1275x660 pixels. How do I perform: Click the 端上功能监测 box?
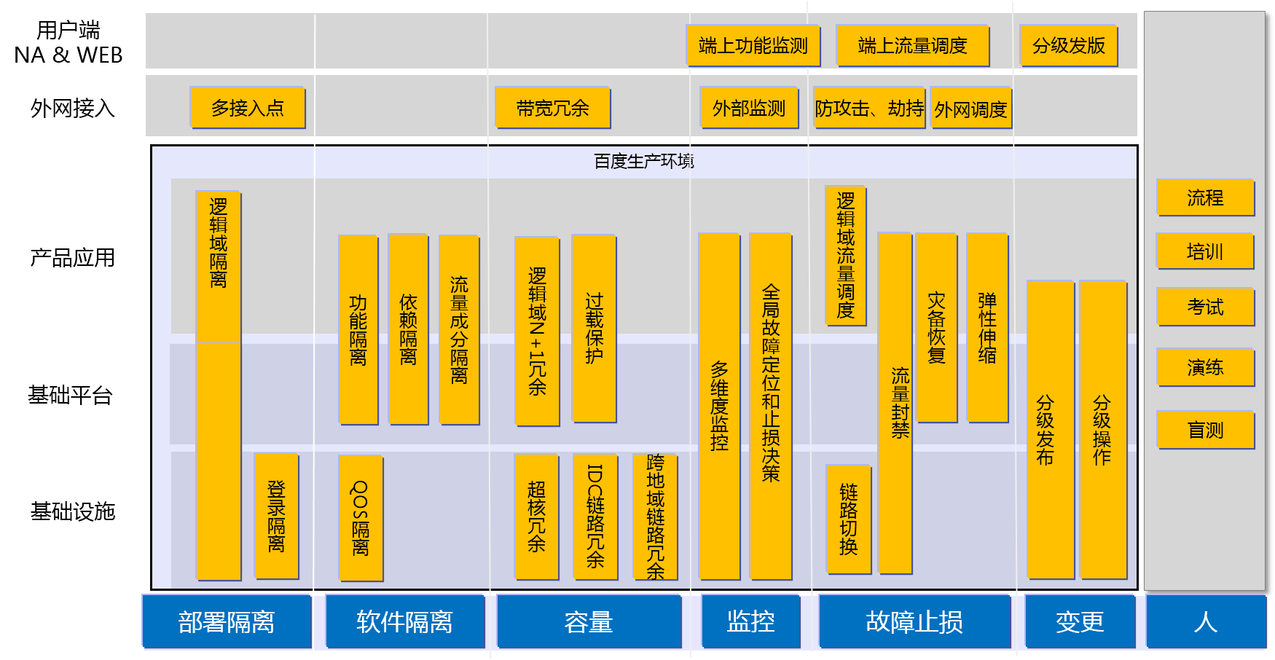[x=753, y=46]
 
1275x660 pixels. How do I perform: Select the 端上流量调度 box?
[x=912, y=46]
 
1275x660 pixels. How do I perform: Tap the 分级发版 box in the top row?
[x=1068, y=46]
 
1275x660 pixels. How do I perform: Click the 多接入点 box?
[x=247, y=108]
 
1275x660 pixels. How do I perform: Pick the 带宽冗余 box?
[x=552, y=108]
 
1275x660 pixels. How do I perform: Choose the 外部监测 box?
[x=748, y=108]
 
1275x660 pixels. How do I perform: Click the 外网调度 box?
[x=970, y=109]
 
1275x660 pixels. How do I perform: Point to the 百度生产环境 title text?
[x=643, y=161]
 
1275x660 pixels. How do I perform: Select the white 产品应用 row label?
[x=73, y=257]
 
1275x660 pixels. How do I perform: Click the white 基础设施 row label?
[x=73, y=511]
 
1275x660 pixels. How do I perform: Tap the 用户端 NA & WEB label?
[x=68, y=42]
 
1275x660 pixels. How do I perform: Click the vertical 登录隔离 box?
[x=276, y=516]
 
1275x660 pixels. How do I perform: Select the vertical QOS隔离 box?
[x=360, y=518]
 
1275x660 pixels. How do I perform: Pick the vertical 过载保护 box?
[x=594, y=329]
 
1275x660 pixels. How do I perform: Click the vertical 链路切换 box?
[x=848, y=519]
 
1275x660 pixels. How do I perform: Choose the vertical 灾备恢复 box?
[x=936, y=328]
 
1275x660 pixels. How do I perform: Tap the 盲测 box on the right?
[x=1205, y=430]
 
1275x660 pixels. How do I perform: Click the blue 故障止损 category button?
[x=914, y=621]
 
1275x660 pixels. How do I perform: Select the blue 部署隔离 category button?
[x=226, y=621]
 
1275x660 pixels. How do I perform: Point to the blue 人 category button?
[x=1205, y=621]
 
